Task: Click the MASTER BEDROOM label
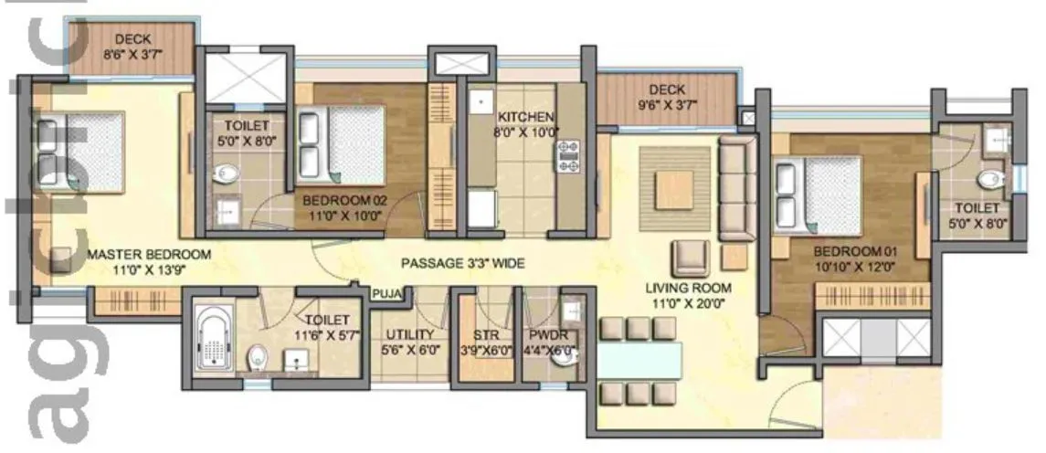(x=149, y=254)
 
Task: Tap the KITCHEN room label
(x=525, y=118)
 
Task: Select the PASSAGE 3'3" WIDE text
(x=462, y=264)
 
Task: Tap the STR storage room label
(x=485, y=333)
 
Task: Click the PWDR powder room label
(x=543, y=333)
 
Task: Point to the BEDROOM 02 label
(x=343, y=200)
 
